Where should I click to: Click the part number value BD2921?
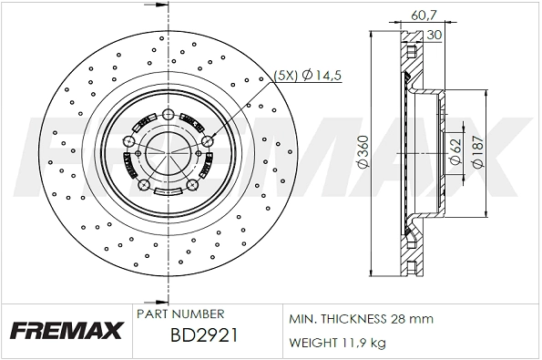pyautogui.click(x=204, y=336)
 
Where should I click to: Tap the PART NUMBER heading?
pyautogui.click(x=174, y=313)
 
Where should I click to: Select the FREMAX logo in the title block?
pyautogui.click(x=66, y=330)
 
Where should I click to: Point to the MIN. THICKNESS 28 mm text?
pyautogui.click(x=362, y=319)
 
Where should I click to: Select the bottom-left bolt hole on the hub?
pyautogui.click(x=143, y=185)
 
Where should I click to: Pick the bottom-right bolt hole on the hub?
pyautogui.click(x=192, y=186)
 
